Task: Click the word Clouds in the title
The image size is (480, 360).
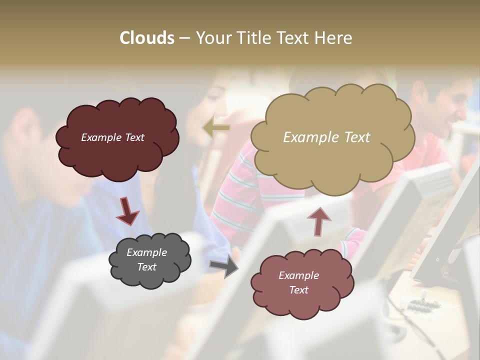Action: coord(146,38)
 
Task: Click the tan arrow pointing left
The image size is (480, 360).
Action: coord(215,128)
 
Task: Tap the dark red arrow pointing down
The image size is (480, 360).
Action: coord(127,211)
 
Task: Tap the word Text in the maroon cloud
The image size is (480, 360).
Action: coord(134,137)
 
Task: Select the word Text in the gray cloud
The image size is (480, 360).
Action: coord(147,267)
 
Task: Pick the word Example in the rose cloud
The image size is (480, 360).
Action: coord(298,275)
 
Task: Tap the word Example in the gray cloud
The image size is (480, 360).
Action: coord(147,252)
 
